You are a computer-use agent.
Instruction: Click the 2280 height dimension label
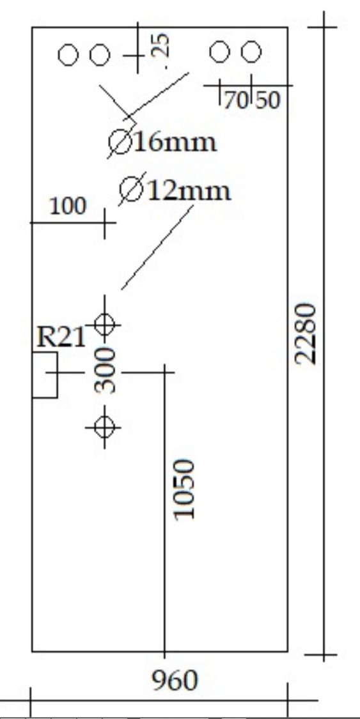tap(306, 334)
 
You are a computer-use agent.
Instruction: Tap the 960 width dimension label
tap(175, 681)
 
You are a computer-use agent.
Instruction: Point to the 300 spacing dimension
tap(105, 371)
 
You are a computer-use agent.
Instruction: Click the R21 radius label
tap(61, 338)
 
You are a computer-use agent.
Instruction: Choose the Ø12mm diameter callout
tap(175, 190)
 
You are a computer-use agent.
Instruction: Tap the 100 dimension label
tap(68, 206)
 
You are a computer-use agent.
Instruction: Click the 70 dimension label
tap(236, 100)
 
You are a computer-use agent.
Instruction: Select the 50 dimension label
tap(268, 100)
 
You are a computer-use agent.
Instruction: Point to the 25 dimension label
tap(160, 46)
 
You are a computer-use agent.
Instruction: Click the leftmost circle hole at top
tap(67, 56)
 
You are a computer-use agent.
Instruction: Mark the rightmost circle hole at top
tap(251, 52)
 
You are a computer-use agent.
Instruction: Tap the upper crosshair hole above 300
tap(105, 324)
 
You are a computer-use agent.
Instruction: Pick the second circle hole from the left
tap(100, 56)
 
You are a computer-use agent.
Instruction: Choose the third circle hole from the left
tap(219, 52)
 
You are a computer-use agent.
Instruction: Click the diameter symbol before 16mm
tap(121, 143)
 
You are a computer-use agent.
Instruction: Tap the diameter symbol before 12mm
tap(132, 190)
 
